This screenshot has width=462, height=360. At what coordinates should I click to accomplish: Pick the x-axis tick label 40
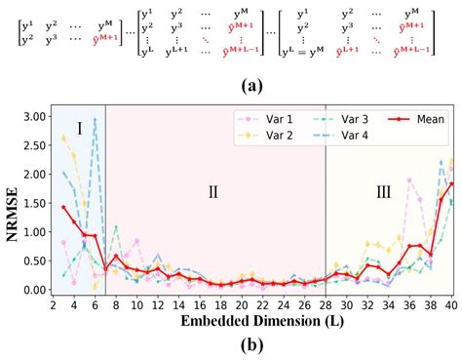coord(450,305)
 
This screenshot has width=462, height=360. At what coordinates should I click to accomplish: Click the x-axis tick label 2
coord(54,305)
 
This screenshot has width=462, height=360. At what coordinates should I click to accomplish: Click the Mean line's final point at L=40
coord(450,183)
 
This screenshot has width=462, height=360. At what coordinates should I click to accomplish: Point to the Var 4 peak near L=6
coord(95,119)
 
